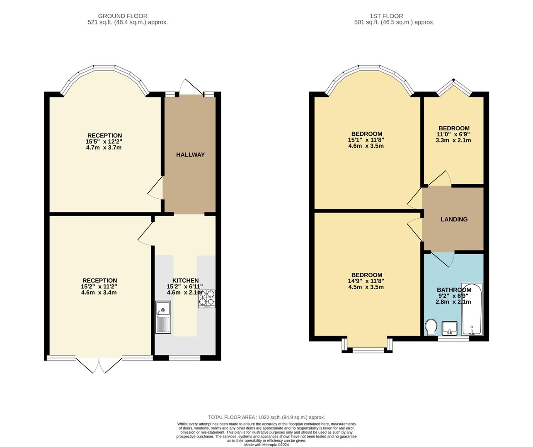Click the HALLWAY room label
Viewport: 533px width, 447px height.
click(190, 155)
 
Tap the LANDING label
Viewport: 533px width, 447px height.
click(454, 219)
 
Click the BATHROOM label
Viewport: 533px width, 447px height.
click(454, 290)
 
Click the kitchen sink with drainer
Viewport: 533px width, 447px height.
click(163, 317)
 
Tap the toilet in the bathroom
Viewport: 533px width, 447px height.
click(431, 327)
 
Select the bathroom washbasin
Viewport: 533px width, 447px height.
click(449, 328)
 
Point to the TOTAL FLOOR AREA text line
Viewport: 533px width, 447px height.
click(266, 418)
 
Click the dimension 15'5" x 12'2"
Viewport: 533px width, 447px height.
click(104, 142)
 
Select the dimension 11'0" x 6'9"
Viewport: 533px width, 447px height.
click(454, 134)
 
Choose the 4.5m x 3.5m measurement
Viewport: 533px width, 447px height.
click(366, 287)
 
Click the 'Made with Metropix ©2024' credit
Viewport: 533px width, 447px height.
click(266, 445)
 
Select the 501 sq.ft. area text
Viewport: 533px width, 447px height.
click(394, 22)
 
